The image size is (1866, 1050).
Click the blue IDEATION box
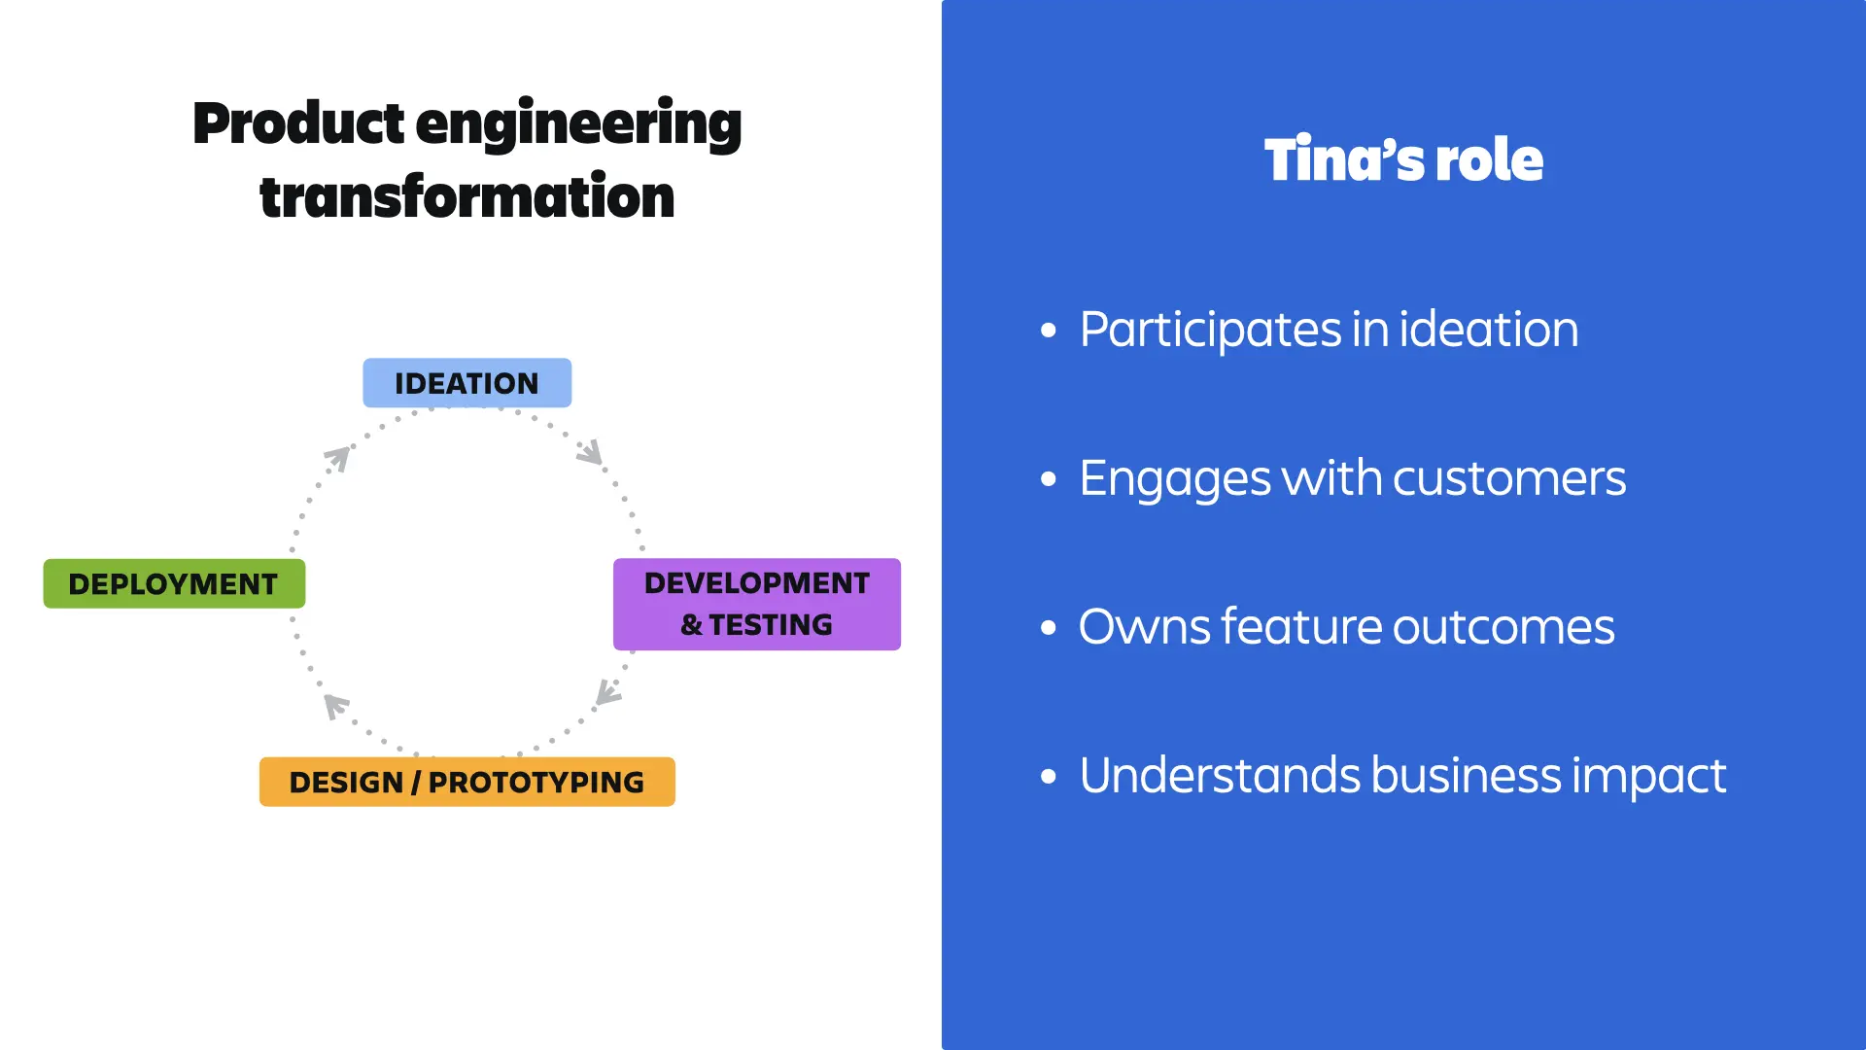(x=466, y=383)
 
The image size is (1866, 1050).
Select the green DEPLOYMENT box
(x=174, y=583)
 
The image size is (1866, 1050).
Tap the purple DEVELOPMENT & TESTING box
(x=756, y=604)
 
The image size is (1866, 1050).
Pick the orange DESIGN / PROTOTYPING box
(x=466, y=782)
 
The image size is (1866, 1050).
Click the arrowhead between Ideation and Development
(x=591, y=452)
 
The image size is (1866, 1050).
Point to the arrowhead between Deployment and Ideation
(x=337, y=458)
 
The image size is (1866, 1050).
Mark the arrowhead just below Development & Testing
(x=608, y=692)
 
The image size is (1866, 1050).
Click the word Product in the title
(x=297, y=124)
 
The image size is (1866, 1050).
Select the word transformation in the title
(x=466, y=197)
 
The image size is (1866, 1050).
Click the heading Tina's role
(x=1403, y=159)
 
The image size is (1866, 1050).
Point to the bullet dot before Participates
(x=1048, y=331)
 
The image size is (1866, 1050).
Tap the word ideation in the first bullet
(x=1488, y=330)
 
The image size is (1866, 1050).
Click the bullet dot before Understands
(x=1048, y=776)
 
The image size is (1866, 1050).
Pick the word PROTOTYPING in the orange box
(x=536, y=783)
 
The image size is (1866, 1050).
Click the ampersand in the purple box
(x=691, y=625)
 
